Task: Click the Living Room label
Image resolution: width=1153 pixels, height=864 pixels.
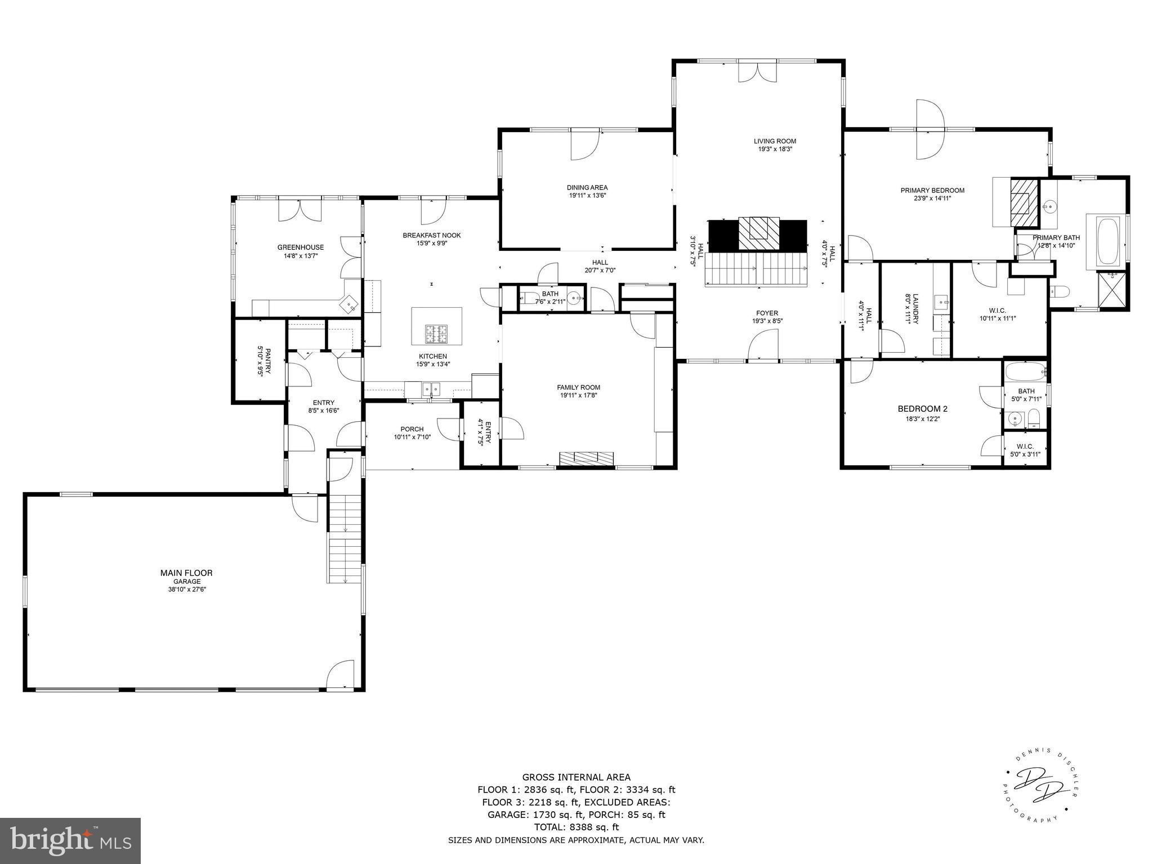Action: (x=775, y=141)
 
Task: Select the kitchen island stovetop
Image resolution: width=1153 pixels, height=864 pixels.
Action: (x=436, y=334)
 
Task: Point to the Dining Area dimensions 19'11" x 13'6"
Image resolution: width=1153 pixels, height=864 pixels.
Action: (x=587, y=196)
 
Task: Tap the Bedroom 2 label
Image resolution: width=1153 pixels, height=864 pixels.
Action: (x=918, y=409)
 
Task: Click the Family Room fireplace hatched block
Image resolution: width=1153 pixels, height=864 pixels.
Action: (x=586, y=458)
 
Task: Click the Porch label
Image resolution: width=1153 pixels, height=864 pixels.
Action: (x=412, y=429)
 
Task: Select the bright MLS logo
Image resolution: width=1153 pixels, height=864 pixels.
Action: (x=70, y=841)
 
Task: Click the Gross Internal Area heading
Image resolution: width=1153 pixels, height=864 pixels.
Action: (x=576, y=777)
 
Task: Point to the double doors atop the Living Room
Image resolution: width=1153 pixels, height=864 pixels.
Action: (x=757, y=72)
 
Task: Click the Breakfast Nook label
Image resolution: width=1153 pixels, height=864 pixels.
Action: (x=431, y=235)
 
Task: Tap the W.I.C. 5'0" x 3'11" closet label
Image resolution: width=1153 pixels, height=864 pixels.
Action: (x=1025, y=450)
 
